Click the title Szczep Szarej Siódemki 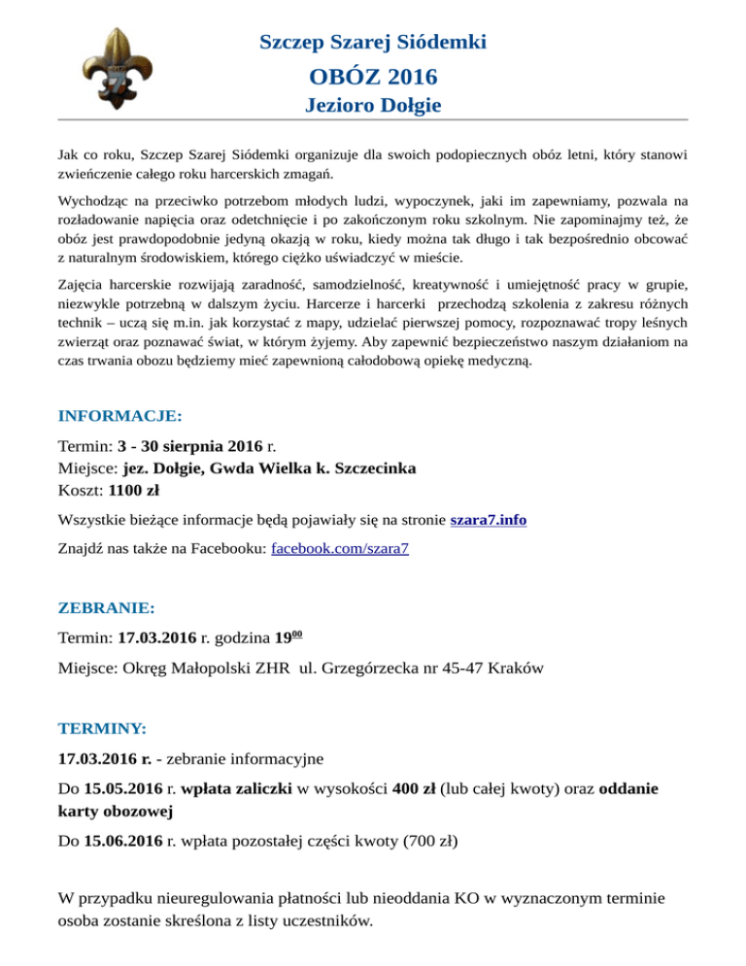373,42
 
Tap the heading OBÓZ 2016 373,75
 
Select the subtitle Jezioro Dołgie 373,104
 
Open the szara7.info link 489,520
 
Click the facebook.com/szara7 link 339,548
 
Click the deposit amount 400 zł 414,788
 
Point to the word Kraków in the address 517,669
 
